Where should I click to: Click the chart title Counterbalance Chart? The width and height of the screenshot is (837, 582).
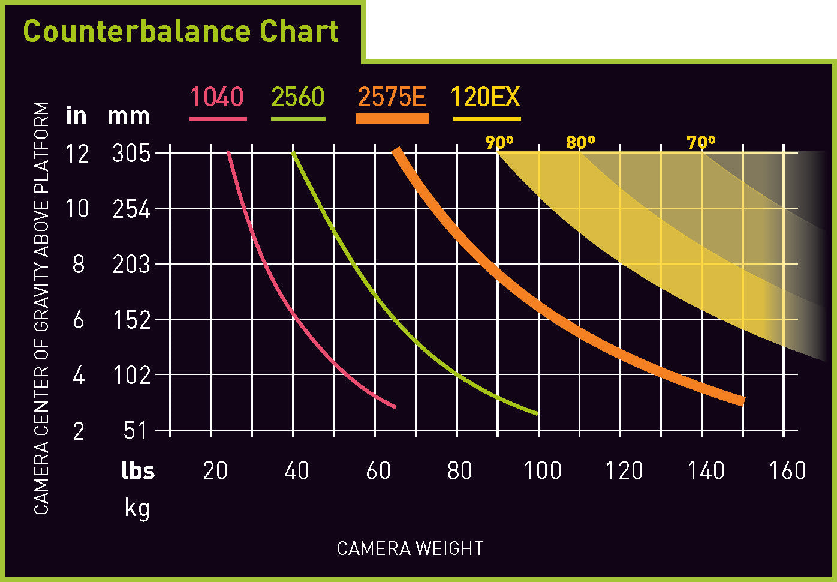click(x=180, y=31)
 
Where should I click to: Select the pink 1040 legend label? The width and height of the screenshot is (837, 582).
click(x=217, y=97)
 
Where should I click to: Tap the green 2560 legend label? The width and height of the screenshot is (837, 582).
click(x=297, y=97)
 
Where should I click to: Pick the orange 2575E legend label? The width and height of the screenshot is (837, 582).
click(x=392, y=97)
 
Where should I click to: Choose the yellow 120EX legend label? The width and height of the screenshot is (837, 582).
click(x=486, y=97)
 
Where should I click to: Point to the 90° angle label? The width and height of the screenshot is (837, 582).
click(x=499, y=142)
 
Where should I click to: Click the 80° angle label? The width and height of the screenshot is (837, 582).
click(x=580, y=142)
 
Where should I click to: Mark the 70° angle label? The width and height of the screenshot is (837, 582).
click(x=701, y=142)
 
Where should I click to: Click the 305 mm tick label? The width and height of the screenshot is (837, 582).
click(x=131, y=153)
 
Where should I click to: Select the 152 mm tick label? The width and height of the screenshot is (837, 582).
click(x=131, y=320)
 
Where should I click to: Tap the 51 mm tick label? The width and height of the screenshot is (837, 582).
click(x=135, y=431)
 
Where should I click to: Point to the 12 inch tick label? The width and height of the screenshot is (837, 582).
click(x=77, y=154)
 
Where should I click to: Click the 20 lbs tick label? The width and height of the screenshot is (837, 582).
click(x=215, y=471)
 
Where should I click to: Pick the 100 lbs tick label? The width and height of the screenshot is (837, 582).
click(x=542, y=471)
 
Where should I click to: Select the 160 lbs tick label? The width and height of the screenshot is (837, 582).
click(x=787, y=471)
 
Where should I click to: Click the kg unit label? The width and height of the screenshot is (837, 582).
click(x=137, y=508)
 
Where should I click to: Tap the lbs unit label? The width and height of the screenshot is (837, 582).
click(x=138, y=471)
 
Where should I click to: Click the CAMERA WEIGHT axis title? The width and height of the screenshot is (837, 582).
click(x=410, y=548)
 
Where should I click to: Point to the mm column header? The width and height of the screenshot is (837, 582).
click(x=128, y=116)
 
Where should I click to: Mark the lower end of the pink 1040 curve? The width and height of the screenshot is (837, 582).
click(x=395, y=407)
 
